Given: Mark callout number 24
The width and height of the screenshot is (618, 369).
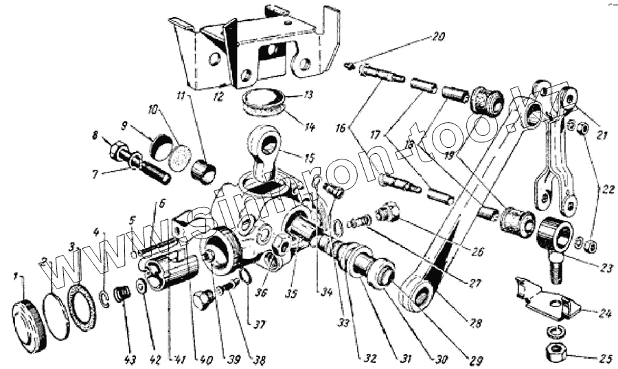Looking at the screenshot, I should pos(604,313).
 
